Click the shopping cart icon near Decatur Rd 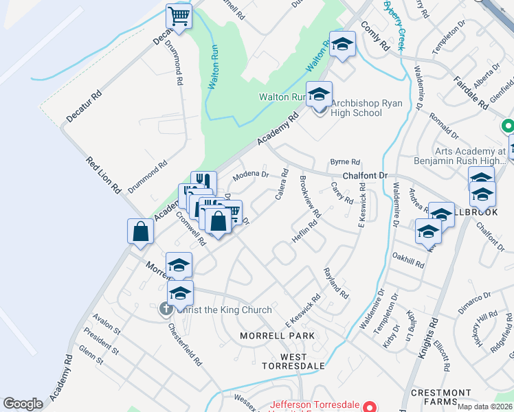pyautogui.click(x=179, y=16)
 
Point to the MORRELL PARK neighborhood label pyautogui.click(x=277, y=336)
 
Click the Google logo pyautogui.click(x=23, y=404)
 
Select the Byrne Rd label pyautogui.click(x=345, y=162)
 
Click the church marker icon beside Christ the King pyautogui.click(x=166, y=310)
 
